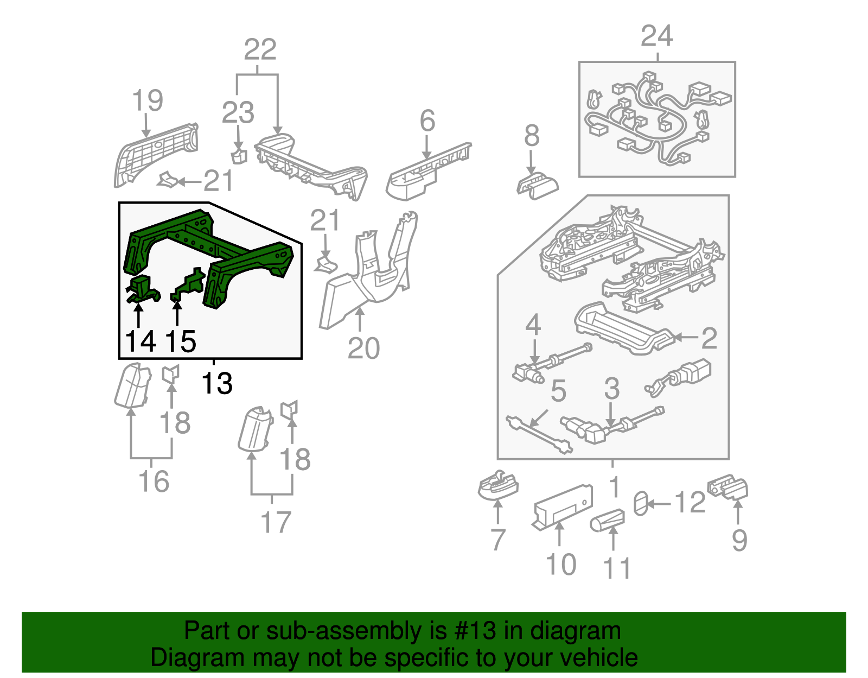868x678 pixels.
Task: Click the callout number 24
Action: tap(656, 37)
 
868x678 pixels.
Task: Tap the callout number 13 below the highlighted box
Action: tap(216, 383)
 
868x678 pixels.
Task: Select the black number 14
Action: tap(140, 341)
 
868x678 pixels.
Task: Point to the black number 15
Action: tap(180, 341)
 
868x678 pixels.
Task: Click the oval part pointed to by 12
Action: tap(641, 503)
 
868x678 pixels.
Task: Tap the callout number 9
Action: tap(739, 540)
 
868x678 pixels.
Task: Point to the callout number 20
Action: tap(363, 348)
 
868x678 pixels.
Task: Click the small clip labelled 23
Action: tap(239, 156)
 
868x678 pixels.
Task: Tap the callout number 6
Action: tap(427, 121)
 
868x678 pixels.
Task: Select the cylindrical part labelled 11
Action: tap(607, 521)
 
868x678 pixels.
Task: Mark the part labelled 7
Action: tap(497, 485)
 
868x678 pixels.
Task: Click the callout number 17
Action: tap(276, 522)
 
